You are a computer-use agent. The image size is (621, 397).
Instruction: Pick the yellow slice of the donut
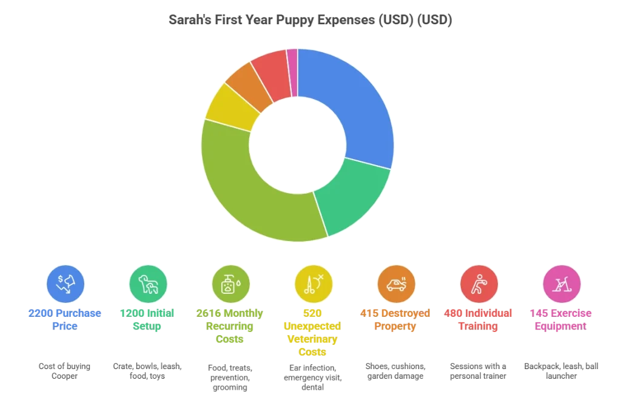point(232,107)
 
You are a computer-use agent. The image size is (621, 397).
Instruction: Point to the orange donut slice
point(249,84)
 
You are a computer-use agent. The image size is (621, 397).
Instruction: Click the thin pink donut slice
point(293,73)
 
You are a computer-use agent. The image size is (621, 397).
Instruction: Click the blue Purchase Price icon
point(65,284)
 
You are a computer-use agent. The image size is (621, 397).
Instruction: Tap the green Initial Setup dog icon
point(148,284)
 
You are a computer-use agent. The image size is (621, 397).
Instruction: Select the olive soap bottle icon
point(231,284)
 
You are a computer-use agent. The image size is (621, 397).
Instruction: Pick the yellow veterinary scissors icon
point(314,284)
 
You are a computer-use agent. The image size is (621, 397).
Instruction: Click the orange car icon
point(396,284)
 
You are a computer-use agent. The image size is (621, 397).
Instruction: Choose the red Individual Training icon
point(479,284)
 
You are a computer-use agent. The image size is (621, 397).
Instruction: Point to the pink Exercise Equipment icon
point(562,284)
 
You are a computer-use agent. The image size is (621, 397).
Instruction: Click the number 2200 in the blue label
point(41,313)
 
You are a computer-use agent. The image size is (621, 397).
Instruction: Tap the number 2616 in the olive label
point(209,313)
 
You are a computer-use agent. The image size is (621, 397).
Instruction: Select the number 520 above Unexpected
point(312,313)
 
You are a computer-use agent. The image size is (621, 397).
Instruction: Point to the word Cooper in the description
point(64,376)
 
